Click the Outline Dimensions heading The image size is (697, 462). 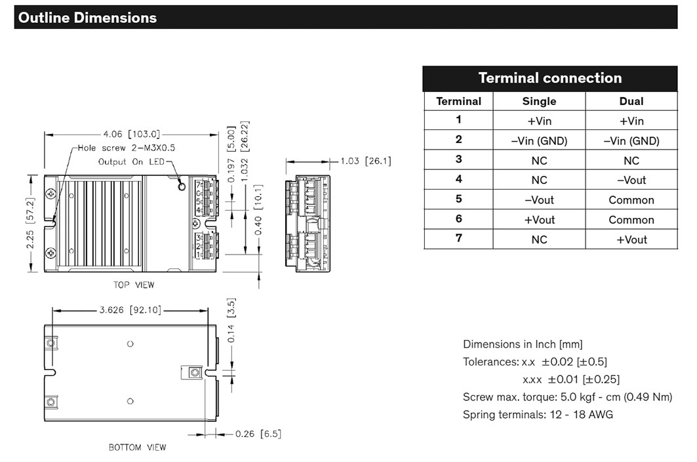(x=87, y=18)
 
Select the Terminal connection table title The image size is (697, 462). (x=549, y=78)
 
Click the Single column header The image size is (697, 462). (x=539, y=101)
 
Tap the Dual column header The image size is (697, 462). (x=631, y=101)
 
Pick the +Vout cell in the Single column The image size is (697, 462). (x=539, y=220)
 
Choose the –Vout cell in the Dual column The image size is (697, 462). (x=631, y=180)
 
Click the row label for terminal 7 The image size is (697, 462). (x=458, y=239)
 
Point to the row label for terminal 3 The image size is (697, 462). (x=458, y=159)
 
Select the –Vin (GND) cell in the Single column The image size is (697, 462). (x=539, y=140)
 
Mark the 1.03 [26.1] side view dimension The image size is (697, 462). (x=365, y=161)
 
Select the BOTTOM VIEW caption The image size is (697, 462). (x=137, y=448)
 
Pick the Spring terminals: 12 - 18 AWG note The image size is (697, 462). (x=538, y=414)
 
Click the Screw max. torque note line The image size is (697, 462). (x=567, y=396)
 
